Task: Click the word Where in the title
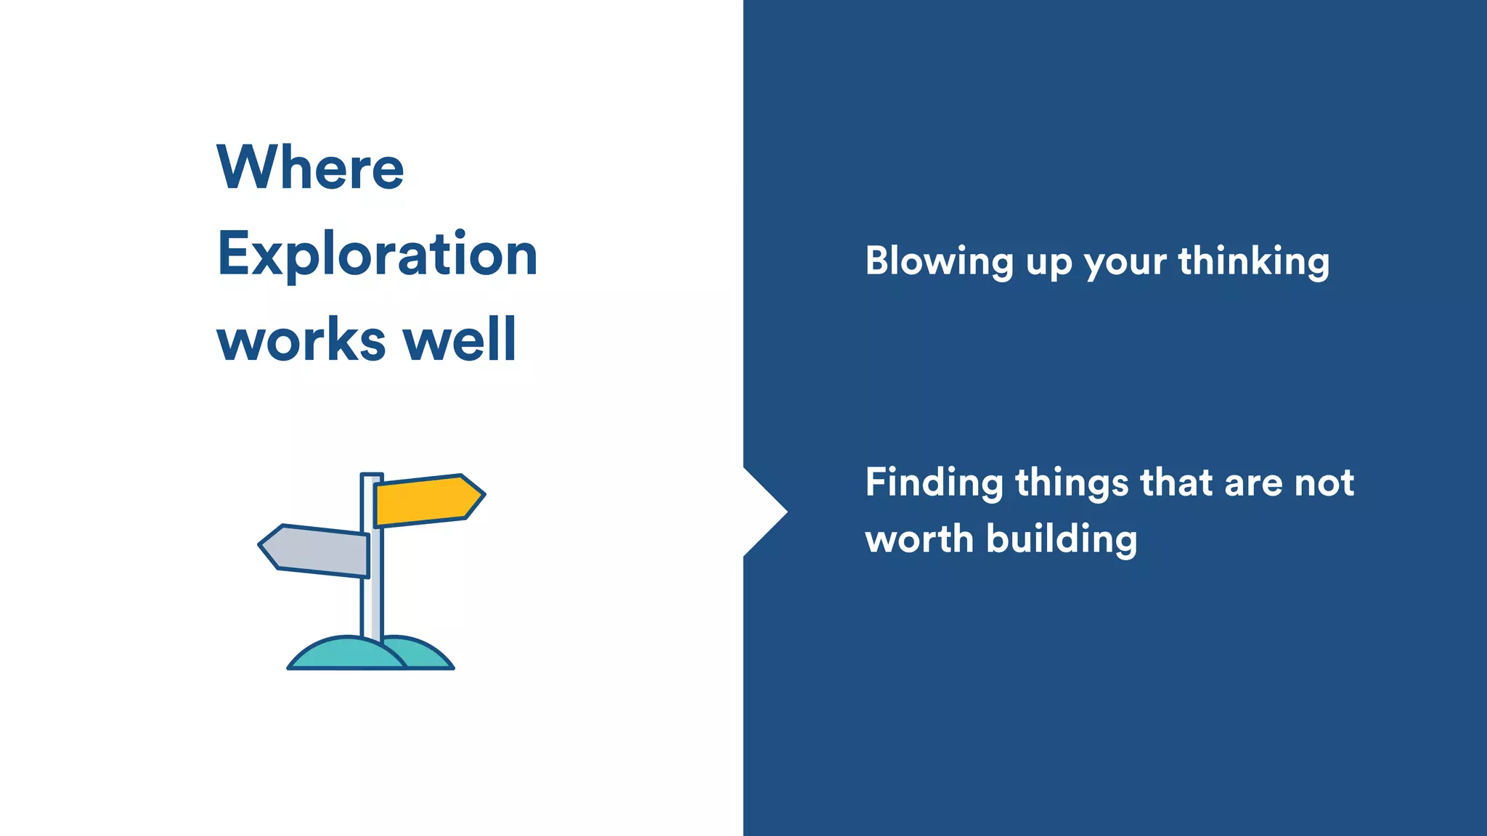(310, 168)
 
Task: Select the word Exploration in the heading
(377, 254)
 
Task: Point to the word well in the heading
(459, 339)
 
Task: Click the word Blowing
(939, 261)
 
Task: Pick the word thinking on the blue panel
(1253, 261)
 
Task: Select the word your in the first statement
(1125, 263)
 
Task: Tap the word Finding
(934, 483)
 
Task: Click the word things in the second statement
(1072, 483)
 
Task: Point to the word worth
(918, 539)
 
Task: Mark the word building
(1062, 539)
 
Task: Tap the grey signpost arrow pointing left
(315, 550)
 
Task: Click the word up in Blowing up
(1048, 263)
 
